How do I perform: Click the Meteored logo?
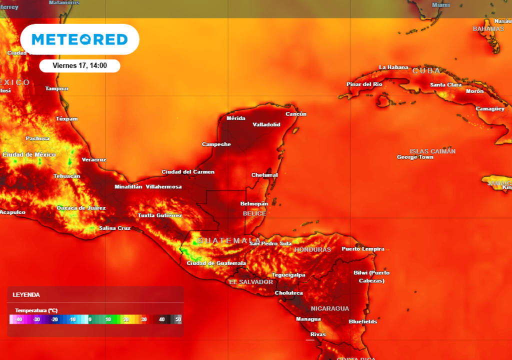coord(79,39)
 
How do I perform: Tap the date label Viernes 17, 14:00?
coord(79,65)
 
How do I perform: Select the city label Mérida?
coord(236,118)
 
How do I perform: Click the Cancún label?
coord(296,114)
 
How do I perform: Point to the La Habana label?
coord(393,67)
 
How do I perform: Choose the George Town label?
coord(415,157)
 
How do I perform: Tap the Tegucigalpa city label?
coord(288,275)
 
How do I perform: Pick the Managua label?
coord(308,319)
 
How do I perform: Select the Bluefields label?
coord(363,321)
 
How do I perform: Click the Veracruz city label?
coord(94,159)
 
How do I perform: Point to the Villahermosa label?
coord(163,187)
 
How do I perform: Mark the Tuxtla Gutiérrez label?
coord(160,215)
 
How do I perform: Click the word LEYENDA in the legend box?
coord(26,295)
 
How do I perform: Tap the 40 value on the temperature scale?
coord(162,319)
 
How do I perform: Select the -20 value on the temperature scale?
coord(54,319)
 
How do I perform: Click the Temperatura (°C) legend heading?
coord(36,310)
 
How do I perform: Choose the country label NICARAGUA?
coord(330,308)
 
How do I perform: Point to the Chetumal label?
coord(264,175)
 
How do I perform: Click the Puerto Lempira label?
coord(363,249)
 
